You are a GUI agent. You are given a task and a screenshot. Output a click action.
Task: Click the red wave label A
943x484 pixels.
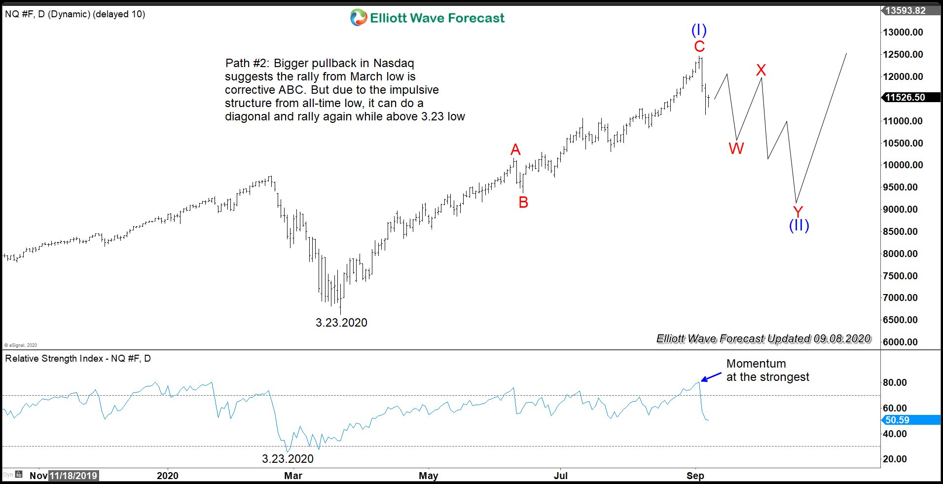[515, 149]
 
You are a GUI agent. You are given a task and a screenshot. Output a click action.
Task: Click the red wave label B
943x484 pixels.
[523, 202]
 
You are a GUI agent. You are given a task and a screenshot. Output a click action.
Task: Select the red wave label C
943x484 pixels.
[699, 46]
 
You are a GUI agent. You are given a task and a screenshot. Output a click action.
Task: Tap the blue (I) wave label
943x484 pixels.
[699, 30]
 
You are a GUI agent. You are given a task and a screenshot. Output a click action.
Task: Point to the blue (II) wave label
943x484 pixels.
[799, 225]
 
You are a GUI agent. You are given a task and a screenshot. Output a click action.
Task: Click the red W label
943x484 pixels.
[736, 148]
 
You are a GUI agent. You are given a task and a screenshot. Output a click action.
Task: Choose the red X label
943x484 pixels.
[761, 70]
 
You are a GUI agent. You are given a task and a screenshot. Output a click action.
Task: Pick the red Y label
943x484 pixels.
[798, 212]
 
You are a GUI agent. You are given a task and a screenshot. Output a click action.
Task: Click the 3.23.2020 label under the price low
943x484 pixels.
[341, 323]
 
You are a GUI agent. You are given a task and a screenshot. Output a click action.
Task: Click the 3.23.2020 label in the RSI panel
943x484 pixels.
[288, 459]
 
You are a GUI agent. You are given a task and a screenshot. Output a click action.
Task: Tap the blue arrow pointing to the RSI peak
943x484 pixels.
[711, 377]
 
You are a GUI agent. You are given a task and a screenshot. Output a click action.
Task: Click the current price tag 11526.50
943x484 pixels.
[905, 97]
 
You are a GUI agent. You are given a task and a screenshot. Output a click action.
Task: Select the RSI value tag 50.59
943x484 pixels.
[897, 420]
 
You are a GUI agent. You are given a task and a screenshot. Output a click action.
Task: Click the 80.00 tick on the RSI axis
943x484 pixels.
[895, 382]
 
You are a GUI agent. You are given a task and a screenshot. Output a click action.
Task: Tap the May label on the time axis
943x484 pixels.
[428, 476]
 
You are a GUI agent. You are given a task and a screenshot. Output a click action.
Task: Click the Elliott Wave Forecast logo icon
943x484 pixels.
[359, 18]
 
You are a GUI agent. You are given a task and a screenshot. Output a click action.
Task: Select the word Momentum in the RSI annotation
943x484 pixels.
[756, 364]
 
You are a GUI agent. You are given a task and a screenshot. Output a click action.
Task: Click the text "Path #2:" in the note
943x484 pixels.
[247, 63]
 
